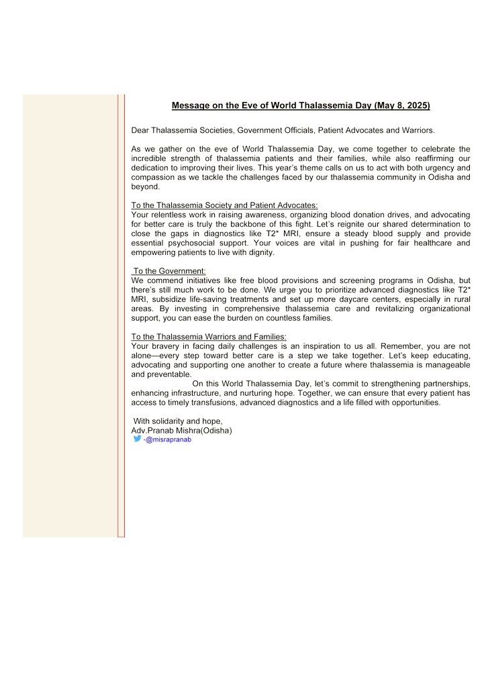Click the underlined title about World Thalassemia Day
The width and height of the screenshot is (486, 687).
click(x=301, y=105)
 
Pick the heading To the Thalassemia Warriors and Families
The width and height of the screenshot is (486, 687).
click(x=209, y=336)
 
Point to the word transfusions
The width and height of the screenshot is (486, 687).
click(x=206, y=403)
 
